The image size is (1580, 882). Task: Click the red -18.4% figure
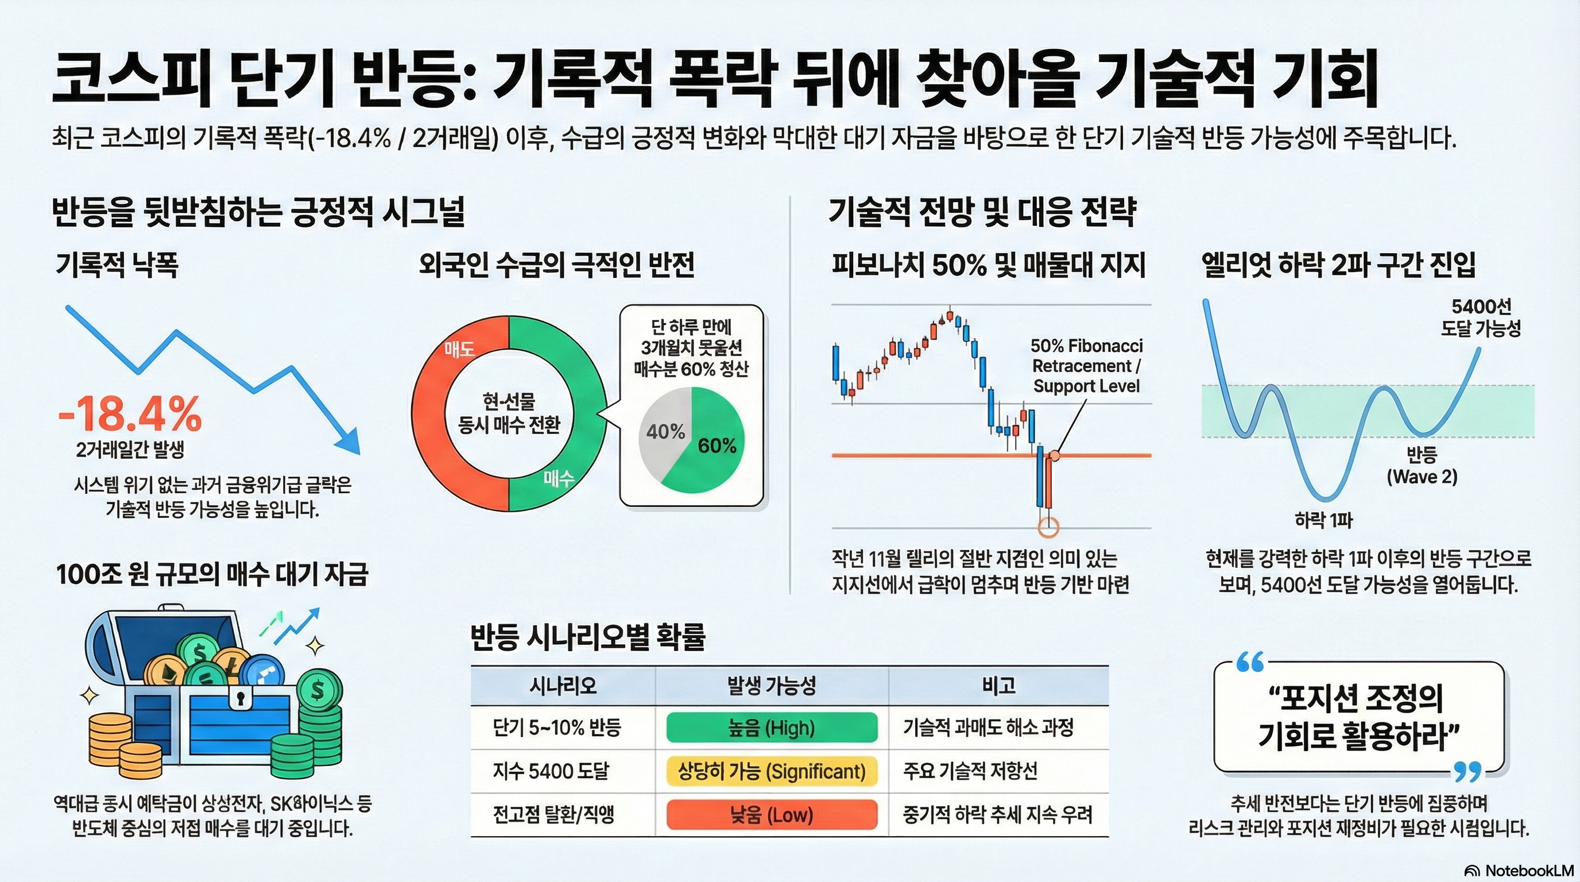[129, 415]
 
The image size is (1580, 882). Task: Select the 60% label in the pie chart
[717, 446]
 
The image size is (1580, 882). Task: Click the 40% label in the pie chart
[665, 432]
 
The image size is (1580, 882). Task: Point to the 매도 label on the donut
[460, 350]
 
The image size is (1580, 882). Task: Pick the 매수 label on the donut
[559, 478]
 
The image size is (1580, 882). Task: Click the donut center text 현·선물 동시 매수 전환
[509, 413]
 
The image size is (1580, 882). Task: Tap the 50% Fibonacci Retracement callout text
[1086, 366]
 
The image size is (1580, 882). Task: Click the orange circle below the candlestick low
[1048, 525]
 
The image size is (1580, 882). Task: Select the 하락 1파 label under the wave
[1323, 521]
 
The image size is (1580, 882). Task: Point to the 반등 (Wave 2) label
[1422, 466]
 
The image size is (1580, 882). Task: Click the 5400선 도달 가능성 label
[1481, 317]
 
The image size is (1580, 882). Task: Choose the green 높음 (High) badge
[772, 728]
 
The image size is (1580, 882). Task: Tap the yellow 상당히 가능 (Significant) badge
[772, 771]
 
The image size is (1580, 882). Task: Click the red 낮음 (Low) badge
[772, 815]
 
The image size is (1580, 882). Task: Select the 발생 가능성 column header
[772, 686]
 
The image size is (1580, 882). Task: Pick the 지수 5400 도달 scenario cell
[551, 771]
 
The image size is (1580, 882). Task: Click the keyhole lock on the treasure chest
[240, 698]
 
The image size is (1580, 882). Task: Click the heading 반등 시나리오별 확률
[587, 637]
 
